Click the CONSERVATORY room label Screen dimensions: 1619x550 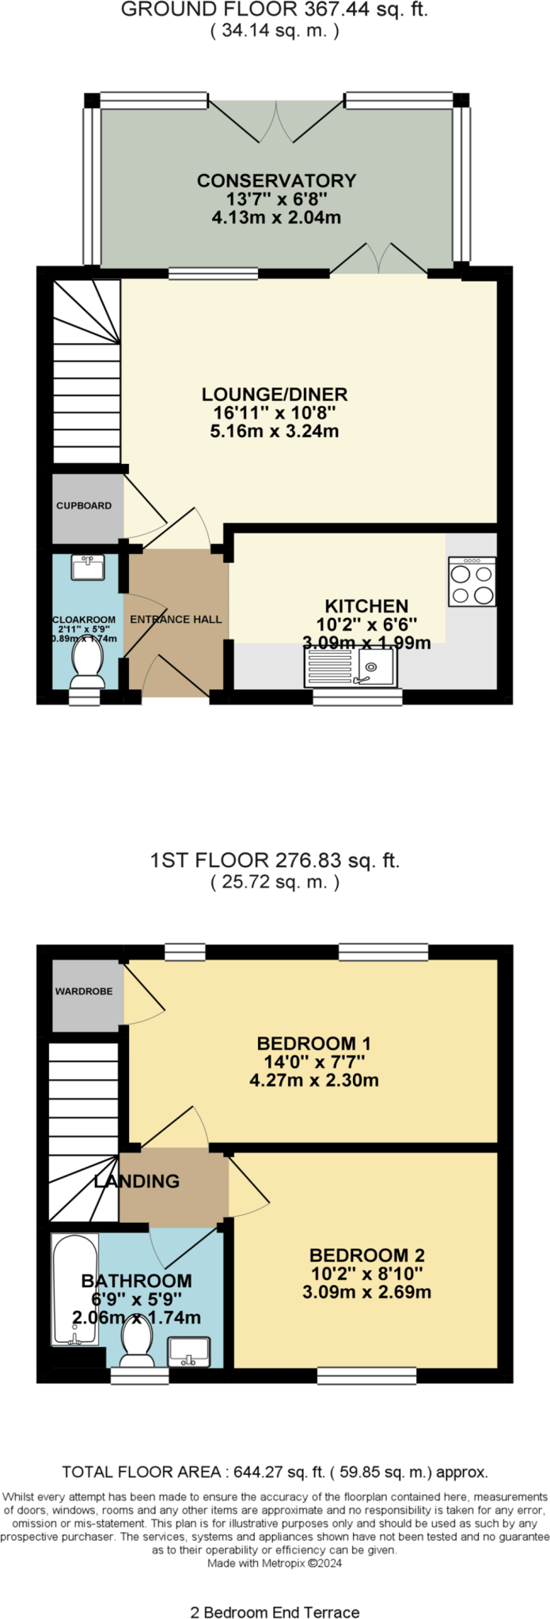(276, 180)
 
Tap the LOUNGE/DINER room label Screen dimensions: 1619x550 (275, 394)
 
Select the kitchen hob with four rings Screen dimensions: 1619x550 (472, 582)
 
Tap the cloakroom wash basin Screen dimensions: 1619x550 (87, 567)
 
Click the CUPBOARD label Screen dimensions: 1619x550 (84, 505)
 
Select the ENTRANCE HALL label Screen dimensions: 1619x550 (176, 619)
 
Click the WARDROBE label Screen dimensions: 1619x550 (84, 991)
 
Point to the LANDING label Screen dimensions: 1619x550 (137, 1181)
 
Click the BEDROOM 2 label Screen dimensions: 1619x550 (366, 1255)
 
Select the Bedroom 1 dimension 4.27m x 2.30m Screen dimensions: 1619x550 (313, 1080)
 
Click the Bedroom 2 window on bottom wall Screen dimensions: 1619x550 (366, 1376)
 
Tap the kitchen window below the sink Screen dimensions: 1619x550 (357, 697)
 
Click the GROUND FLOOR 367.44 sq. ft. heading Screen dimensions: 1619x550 (274, 9)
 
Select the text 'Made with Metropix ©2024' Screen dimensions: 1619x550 (275, 1563)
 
